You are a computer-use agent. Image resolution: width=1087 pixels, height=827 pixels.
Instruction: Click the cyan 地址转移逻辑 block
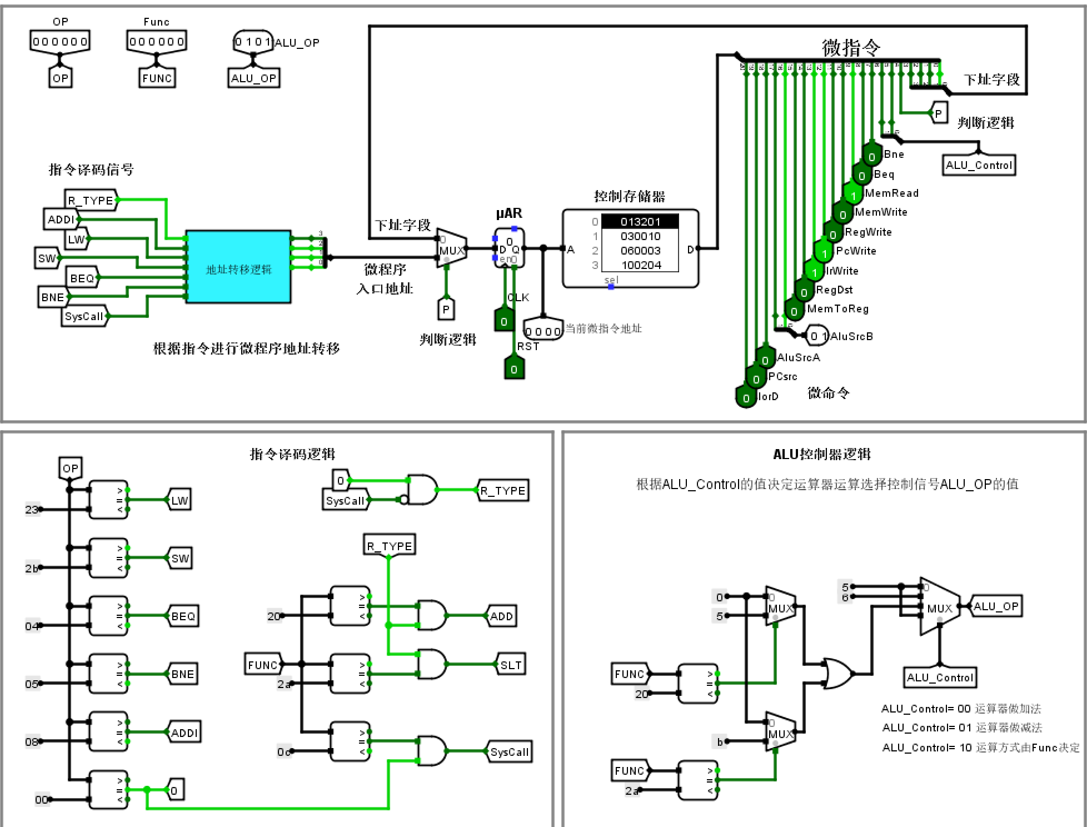(x=238, y=267)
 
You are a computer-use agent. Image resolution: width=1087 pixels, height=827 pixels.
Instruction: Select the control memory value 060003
(x=640, y=251)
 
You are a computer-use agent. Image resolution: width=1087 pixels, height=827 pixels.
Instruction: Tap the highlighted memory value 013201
(x=640, y=222)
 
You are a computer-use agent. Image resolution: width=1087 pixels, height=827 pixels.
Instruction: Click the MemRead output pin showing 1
(x=853, y=194)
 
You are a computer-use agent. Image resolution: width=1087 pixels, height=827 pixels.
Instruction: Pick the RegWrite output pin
(x=832, y=233)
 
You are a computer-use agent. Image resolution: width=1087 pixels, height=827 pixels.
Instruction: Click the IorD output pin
(x=746, y=397)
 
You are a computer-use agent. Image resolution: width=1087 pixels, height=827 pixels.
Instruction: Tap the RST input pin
(x=514, y=368)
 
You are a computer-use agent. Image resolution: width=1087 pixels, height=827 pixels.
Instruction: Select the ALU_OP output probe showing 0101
(x=253, y=42)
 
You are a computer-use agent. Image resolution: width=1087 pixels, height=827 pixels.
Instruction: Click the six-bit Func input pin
(x=156, y=41)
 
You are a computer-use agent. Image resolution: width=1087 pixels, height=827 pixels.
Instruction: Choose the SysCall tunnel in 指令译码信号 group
(x=84, y=316)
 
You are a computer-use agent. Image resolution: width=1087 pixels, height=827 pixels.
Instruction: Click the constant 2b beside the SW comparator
(x=32, y=568)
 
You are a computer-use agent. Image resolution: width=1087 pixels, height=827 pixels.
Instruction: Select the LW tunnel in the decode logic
(x=179, y=500)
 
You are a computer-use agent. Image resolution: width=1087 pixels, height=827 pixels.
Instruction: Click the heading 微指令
(x=851, y=48)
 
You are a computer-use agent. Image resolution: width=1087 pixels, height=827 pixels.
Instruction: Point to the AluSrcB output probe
(x=817, y=336)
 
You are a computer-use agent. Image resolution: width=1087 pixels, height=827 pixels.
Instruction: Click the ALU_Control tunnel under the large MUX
(x=940, y=677)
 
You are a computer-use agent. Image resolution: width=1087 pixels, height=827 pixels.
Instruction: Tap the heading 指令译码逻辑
(x=292, y=454)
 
